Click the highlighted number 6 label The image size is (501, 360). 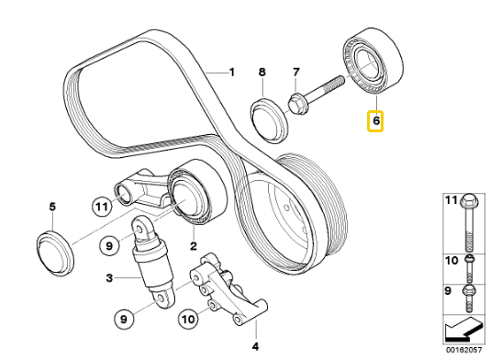[x=375, y=121]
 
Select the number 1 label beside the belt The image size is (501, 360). [x=232, y=73]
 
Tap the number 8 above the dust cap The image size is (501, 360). [x=262, y=73]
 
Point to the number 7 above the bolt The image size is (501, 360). [x=296, y=73]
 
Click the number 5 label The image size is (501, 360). [x=52, y=207]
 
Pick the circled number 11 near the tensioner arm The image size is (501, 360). [x=102, y=207]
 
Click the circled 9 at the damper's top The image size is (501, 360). [x=109, y=246]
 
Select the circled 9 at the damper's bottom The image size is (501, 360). [x=124, y=319]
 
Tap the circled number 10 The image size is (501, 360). [x=188, y=319]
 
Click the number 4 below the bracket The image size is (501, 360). [x=255, y=346]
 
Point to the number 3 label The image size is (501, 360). [x=109, y=278]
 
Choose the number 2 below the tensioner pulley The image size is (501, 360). [x=194, y=246]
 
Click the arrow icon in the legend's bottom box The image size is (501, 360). [x=464, y=329]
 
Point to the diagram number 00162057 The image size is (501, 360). [x=463, y=350]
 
